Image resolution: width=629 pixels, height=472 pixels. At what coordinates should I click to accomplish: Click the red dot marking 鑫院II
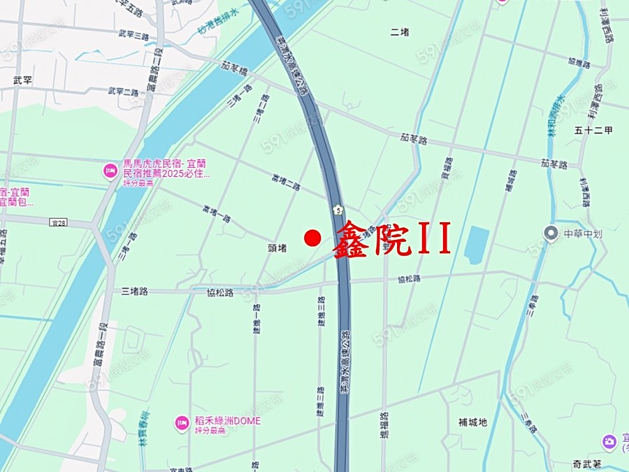(x=312, y=238)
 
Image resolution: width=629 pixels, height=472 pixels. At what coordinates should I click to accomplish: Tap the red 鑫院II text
(x=391, y=240)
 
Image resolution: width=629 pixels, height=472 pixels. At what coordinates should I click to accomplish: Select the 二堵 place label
(x=400, y=31)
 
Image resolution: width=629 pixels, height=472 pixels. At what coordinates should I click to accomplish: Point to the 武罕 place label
(x=22, y=80)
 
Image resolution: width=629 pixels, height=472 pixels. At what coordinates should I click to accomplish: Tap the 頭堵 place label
(x=277, y=248)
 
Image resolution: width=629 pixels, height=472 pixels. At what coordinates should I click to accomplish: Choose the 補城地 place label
(x=472, y=422)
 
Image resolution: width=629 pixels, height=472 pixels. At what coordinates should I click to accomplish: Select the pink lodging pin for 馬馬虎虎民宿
(x=110, y=171)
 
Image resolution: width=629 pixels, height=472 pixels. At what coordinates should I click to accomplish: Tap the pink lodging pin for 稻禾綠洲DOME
(x=182, y=423)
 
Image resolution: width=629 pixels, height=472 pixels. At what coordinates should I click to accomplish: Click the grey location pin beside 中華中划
(x=551, y=233)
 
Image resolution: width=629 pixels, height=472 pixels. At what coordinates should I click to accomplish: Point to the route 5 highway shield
(x=338, y=210)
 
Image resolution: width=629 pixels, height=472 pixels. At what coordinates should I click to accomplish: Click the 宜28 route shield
(x=59, y=222)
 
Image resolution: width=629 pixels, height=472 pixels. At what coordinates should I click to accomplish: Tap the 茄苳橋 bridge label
(x=235, y=66)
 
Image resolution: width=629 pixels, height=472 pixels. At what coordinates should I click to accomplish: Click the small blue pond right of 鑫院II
(x=477, y=245)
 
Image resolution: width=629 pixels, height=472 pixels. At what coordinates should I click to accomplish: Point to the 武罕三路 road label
(x=133, y=35)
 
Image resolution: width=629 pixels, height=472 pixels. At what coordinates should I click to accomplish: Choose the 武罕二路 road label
(x=123, y=92)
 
